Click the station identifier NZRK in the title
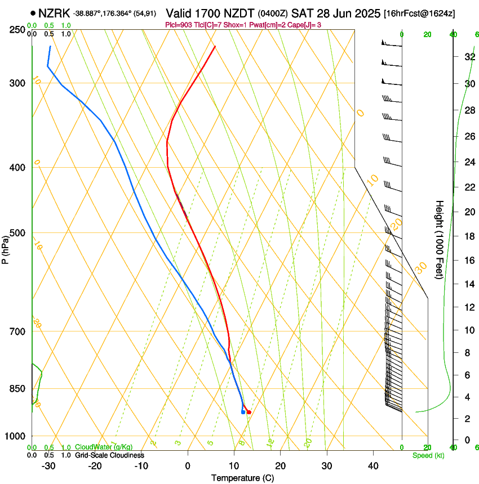pyautogui.click(x=55, y=13)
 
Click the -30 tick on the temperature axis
pyautogui.click(x=48, y=465)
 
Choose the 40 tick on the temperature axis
pyautogui.click(x=373, y=465)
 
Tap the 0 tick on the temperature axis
pyautogui.click(x=188, y=465)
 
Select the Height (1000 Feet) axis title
pyautogui.click(x=440, y=239)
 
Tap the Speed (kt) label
pyautogui.click(x=428, y=455)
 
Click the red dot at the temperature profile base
pyautogui.click(x=249, y=413)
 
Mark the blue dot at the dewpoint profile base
pyautogui.click(x=243, y=413)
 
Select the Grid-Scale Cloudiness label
pyautogui.click(x=109, y=455)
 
